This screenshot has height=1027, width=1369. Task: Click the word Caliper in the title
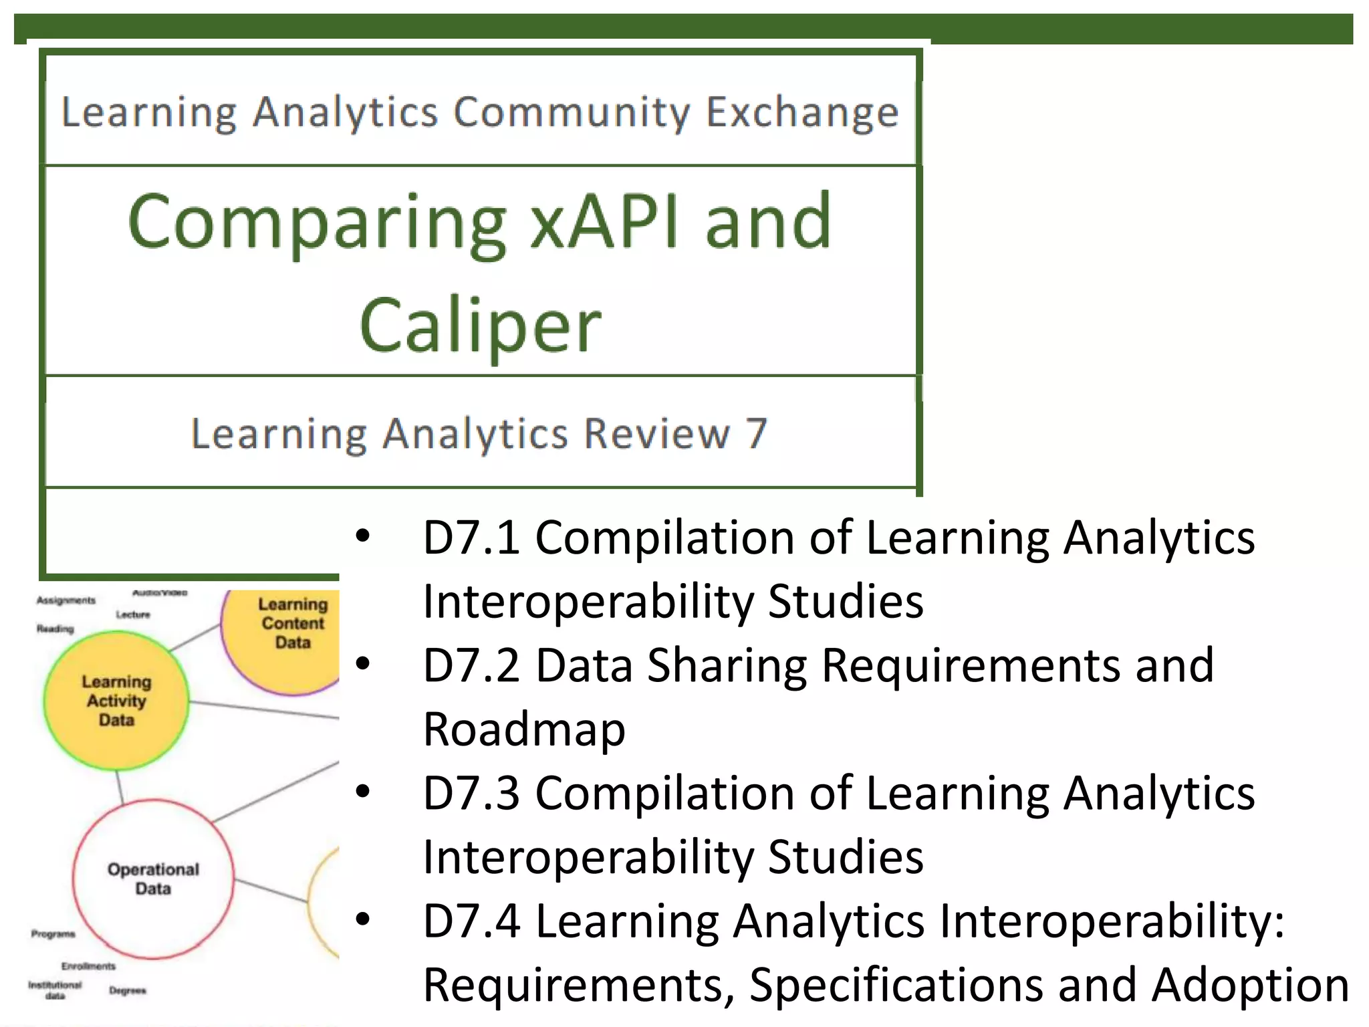tap(480, 326)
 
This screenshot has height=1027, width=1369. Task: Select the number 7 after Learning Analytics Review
tap(756, 433)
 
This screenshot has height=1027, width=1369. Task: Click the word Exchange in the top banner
tap(802, 112)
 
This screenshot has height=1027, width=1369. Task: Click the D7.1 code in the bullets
tap(471, 538)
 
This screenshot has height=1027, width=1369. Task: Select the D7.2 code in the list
tap(471, 665)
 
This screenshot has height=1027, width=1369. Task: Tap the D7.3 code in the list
tap(471, 793)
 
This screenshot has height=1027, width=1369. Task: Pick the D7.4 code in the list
tap(471, 921)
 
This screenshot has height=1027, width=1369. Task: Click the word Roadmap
tap(524, 729)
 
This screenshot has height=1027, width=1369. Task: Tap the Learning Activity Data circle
tap(116, 701)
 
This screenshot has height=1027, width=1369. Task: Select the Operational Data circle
tap(153, 879)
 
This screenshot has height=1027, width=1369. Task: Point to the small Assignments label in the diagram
tap(66, 600)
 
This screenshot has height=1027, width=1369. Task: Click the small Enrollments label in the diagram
tap(88, 966)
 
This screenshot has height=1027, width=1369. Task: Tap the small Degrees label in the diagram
tap(127, 990)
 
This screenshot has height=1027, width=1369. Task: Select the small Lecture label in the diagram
tap(133, 614)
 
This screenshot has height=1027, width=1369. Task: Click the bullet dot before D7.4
tap(363, 919)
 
